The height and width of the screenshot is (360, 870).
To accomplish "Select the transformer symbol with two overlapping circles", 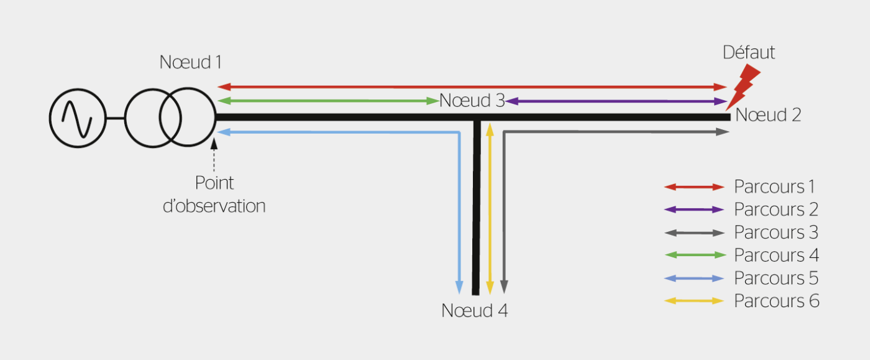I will (x=170, y=118).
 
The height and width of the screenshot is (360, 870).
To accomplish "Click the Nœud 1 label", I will (x=190, y=63).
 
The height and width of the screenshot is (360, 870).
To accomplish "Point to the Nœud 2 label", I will (x=768, y=115).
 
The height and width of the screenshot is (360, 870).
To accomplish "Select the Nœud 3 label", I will (x=472, y=101).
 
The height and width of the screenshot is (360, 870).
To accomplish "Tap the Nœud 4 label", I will (x=474, y=311).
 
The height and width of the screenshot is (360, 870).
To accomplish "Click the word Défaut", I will (x=749, y=53).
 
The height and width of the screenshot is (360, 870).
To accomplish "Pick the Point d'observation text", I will (x=214, y=195).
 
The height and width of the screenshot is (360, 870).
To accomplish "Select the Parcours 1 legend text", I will (x=774, y=187).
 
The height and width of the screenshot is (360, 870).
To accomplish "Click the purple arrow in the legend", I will (x=694, y=210).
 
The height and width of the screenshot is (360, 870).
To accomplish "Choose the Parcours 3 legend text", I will (x=776, y=233).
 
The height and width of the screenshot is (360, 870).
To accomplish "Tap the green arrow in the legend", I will (x=694, y=255).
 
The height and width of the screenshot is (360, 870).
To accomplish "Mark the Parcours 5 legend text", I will (x=776, y=278).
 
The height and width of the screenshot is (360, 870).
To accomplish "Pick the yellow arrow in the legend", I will (x=694, y=301).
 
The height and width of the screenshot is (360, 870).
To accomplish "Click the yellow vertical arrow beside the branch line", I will (x=490, y=208).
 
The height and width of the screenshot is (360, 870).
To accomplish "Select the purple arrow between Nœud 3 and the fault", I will (x=615, y=101).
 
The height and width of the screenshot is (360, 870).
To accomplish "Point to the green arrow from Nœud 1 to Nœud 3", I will (x=328, y=101).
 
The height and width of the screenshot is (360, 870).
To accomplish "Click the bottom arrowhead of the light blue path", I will (x=459, y=287).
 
